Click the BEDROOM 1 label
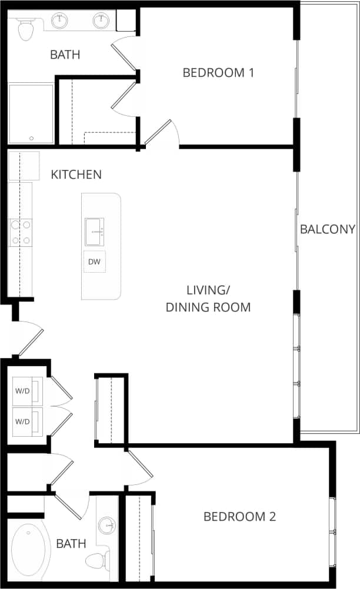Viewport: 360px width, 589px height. [x=218, y=73]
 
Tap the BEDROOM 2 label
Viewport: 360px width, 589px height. [x=239, y=517]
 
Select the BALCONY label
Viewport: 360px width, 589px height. [x=328, y=229]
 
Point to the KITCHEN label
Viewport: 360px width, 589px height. [x=76, y=175]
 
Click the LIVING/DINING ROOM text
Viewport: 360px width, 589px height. [x=208, y=299]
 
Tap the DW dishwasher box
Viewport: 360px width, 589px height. [x=94, y=262]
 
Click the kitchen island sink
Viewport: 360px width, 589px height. [x=94, y=232]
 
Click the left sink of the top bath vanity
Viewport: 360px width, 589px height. [x=59, y=21]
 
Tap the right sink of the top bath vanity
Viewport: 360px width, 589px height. [x=101, y=21]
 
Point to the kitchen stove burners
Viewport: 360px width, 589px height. [x=20, y=232]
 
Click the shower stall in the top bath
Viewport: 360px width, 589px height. [x=31, y=113]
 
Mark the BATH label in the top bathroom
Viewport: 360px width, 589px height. [x=65, y=55]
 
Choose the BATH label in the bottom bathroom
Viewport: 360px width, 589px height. [x=71, y=544]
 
